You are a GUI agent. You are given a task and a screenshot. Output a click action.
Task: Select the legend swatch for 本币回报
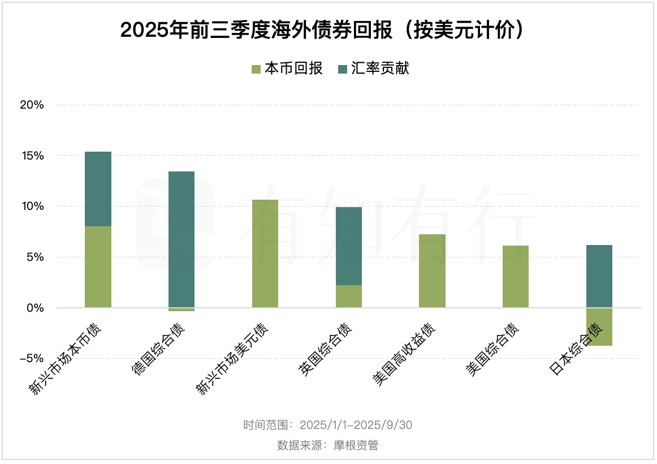tap(256, 69)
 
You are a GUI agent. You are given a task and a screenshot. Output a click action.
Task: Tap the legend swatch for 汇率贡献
tap(342, 69)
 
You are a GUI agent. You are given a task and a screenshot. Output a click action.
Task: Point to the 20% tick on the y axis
tap(32, 105)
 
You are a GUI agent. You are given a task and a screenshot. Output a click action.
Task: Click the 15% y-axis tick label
tap(32, 156)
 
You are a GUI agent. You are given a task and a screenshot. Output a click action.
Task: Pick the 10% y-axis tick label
tap(32, 207)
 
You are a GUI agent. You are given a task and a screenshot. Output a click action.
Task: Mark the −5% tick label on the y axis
tap(32, 359)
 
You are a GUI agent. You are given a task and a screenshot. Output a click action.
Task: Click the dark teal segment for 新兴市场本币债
tap(98, 189)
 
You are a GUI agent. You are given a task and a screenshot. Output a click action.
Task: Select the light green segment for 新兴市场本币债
tap(98, 267)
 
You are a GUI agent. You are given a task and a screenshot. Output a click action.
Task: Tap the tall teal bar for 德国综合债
tap(181, 239)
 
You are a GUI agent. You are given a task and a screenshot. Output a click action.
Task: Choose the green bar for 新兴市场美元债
tap(265, 254)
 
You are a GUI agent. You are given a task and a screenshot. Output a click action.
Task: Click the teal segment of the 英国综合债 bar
tap(349, 246)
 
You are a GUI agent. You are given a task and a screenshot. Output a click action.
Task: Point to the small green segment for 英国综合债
tap(349, 297)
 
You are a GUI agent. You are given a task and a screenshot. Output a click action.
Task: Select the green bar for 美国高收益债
tap(432, 271)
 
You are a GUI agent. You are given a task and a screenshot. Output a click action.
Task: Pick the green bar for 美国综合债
tap(516, 277)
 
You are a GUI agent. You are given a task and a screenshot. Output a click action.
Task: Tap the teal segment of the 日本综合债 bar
tap(599, 276)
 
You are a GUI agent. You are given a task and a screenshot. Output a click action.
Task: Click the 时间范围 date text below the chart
tap(328, 425)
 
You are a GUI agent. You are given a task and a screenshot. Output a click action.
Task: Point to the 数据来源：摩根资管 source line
tap(328, 445)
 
